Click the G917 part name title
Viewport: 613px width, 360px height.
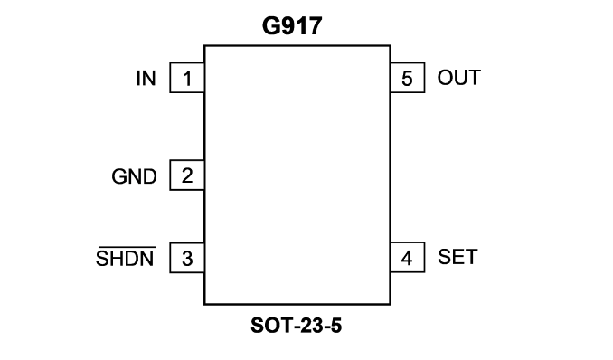292,26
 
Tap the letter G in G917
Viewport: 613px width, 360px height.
270,26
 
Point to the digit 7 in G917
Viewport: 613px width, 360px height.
316,26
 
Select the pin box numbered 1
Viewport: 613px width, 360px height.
187,78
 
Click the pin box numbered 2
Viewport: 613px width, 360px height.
187,175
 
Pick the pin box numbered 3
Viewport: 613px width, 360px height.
187,258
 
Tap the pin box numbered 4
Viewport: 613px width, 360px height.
408,257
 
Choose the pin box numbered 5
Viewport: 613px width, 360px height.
408,78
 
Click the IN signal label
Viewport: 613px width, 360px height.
146,79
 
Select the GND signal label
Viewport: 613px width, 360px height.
134,176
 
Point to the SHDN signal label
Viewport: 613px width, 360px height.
125,259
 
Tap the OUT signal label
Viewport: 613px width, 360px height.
459,78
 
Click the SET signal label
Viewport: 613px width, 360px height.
457,257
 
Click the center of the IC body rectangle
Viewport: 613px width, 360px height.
297,175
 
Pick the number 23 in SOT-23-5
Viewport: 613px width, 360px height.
308,326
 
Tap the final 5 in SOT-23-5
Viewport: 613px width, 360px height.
336,326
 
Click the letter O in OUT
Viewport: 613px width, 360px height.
445,78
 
